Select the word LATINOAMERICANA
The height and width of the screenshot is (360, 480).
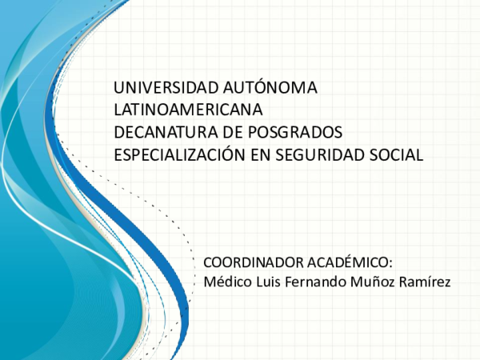coord(188,110)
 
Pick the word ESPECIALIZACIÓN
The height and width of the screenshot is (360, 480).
coord(178,154)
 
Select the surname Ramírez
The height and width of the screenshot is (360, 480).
coord(423,281)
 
